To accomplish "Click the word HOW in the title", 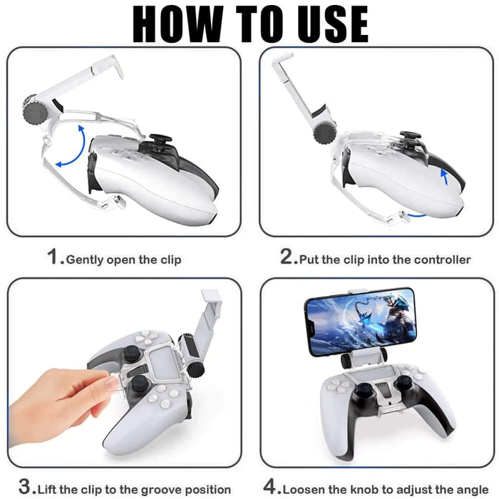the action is click(178, 24).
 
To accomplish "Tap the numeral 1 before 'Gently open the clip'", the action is click(53, 257).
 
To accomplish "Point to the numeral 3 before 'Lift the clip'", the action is click(26, 486).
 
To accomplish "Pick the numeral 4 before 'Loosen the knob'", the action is click(270, 486).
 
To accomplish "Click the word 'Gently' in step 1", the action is click(85, 260).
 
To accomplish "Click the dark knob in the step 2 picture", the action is click(324, 133).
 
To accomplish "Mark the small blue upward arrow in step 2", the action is click(445, 177).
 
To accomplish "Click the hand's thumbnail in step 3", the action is click(112, 384).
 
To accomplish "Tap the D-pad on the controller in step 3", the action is click(146, 338).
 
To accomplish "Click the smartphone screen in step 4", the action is click(361, 322).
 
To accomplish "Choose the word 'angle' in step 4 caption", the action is click(470, 490).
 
